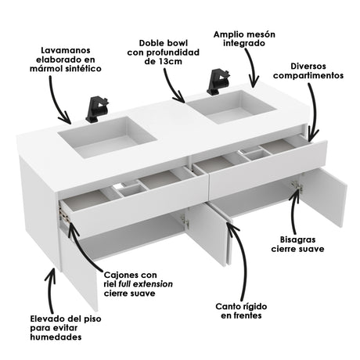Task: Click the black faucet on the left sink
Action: [x=97, y=110]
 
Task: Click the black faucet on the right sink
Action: [x=218, y=82]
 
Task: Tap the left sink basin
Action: [x=107, y=137]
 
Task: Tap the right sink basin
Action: [x=231, y=107]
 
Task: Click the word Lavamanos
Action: [x=66, y=50]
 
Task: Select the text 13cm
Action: [x=171, y=62]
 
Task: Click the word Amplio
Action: [x=229, y=34]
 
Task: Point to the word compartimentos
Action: [x=308, y=76]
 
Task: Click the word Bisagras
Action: [x=297, y=239]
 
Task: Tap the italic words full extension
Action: [x=146, y=284]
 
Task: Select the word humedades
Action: [x=56, y=337]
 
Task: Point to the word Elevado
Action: [x=47, y=319]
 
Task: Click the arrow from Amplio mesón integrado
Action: [x=251, y=68]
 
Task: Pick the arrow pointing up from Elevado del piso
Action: [x=51, y=290]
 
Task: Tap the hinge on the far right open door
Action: [x=297, y=186]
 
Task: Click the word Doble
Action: [x=149, y=43]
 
